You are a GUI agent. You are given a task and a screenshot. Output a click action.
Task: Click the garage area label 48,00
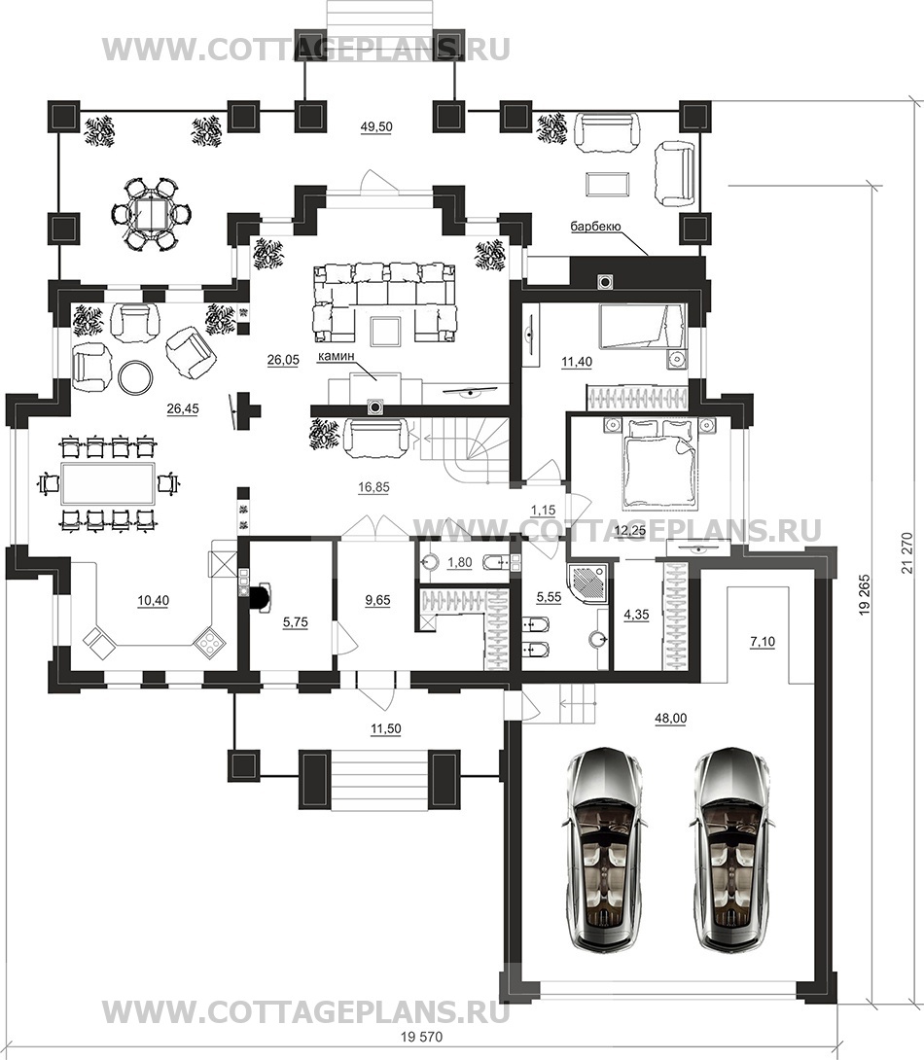tap(669, 719)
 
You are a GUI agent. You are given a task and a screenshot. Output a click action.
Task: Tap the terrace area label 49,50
tap(376, 126)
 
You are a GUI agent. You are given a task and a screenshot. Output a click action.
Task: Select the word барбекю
tap(595, 228)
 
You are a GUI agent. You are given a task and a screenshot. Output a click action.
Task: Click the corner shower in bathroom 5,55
tap(588, 583)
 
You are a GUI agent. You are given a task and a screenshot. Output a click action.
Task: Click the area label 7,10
tap(763, 642)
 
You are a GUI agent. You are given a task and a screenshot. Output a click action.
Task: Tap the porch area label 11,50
tap(385, 728)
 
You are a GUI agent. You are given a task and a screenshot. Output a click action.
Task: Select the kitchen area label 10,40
tap(154, 600)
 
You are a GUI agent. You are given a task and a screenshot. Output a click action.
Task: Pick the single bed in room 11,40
tap(642, 327)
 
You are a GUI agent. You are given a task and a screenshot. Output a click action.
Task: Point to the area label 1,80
tap(460, 562)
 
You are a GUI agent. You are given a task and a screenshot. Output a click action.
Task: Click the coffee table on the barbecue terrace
tap(608, 184)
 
